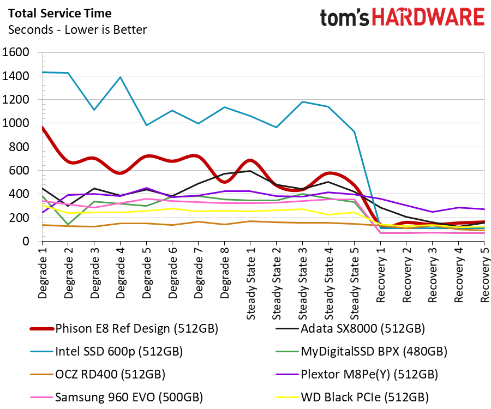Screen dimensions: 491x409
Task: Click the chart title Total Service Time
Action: (x=60, y=14)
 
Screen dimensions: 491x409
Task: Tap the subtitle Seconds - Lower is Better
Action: (x=77, y=30)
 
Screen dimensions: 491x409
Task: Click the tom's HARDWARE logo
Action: (x=403, y=17)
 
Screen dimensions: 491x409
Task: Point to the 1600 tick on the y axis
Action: (x=16, y=52)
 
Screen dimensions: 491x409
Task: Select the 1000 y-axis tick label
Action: (x=16, y=123)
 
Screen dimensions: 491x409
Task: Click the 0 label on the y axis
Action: (x=26, y=241)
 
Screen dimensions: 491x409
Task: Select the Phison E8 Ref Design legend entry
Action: (x=124, y=329)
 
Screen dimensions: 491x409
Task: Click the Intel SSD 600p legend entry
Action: (x=106, y=352)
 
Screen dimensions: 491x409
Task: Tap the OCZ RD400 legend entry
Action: (x=98, y=375)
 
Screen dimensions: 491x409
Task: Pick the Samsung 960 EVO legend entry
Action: (x=117, y=398)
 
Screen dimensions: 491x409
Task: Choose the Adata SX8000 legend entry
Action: (x=350, y=329)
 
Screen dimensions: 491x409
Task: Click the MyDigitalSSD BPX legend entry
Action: (x=361, y=352)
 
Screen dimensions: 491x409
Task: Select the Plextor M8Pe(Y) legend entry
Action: (x=357, y=375)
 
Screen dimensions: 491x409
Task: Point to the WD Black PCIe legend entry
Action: (x=352, y=398)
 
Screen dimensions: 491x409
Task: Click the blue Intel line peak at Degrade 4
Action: (x=121, y=77)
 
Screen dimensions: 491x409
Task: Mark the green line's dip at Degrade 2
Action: (x=68, y=224)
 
